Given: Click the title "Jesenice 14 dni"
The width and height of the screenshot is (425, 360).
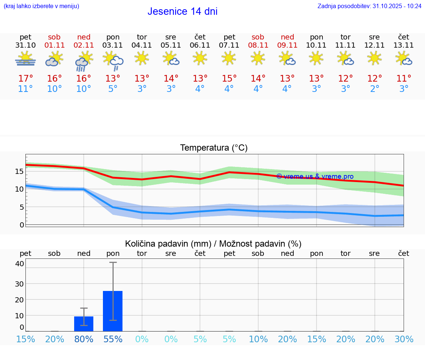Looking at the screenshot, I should point(182,11).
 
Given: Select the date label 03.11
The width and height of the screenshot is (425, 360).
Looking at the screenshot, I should point(113,45).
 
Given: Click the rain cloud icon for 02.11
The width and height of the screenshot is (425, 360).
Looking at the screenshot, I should point(83,61).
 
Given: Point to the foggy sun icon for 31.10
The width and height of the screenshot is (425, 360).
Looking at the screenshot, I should point(25,59).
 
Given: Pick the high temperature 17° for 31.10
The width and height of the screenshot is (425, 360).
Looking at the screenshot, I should point(25,79).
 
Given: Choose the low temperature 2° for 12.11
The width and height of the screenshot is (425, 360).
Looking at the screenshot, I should point(375,89).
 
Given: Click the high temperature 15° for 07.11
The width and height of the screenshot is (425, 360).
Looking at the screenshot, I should point(229,79).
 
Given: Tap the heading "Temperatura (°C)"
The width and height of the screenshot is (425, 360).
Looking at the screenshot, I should point(214,148).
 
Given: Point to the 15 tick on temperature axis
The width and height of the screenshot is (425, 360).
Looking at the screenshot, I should point(19,171).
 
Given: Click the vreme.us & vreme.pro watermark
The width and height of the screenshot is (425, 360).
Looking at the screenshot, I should point(315,176).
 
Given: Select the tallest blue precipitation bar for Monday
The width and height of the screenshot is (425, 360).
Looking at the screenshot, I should point(113,311).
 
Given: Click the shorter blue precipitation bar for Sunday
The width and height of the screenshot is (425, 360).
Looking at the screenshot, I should point(84,324).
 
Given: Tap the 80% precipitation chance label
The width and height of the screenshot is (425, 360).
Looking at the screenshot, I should point(84,339).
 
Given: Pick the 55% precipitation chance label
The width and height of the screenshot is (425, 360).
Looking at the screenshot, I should point(113,339).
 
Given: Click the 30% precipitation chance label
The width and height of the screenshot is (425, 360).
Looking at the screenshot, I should point(404,339).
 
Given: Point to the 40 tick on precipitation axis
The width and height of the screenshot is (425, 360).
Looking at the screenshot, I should point(19,264).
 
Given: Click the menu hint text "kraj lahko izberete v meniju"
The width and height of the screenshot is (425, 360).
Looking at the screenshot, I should point(41,6).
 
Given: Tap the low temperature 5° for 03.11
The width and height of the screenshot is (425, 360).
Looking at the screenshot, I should point(113,89).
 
